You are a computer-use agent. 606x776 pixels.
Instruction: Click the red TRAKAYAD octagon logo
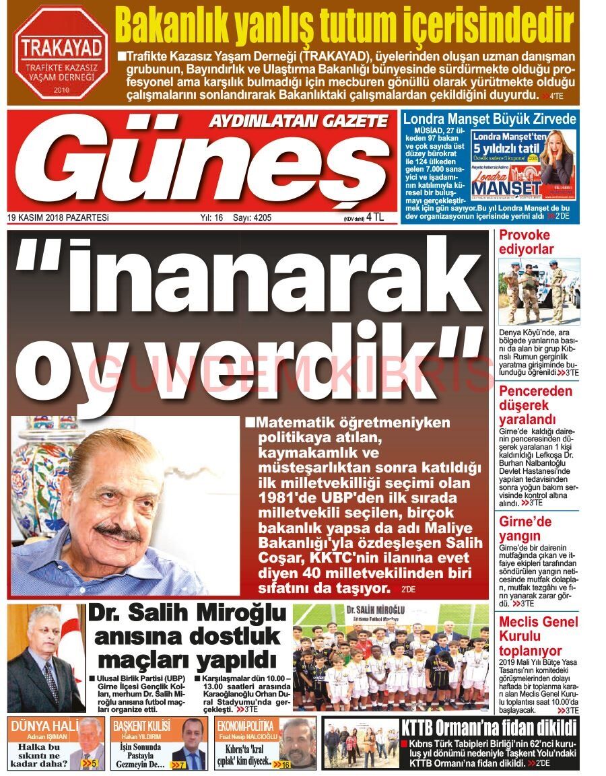(61, 53)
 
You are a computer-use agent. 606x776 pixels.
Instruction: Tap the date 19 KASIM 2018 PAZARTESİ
(58, 217)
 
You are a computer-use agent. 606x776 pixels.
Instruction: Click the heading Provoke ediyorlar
(526, 242)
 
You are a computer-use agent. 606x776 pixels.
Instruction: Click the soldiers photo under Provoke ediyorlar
(539, 291)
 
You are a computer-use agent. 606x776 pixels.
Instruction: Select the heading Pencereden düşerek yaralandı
(535, 406)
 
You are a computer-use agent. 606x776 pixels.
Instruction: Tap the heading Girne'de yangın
(525, 528)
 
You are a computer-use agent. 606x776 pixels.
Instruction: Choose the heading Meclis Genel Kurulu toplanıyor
(538, 636)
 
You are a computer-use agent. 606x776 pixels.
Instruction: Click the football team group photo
(391, 656)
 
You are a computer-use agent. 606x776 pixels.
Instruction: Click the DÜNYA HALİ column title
(41, 726)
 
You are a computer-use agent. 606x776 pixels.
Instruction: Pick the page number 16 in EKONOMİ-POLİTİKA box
(284, 765)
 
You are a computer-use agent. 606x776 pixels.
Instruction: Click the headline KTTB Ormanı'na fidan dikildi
(489, 728)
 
